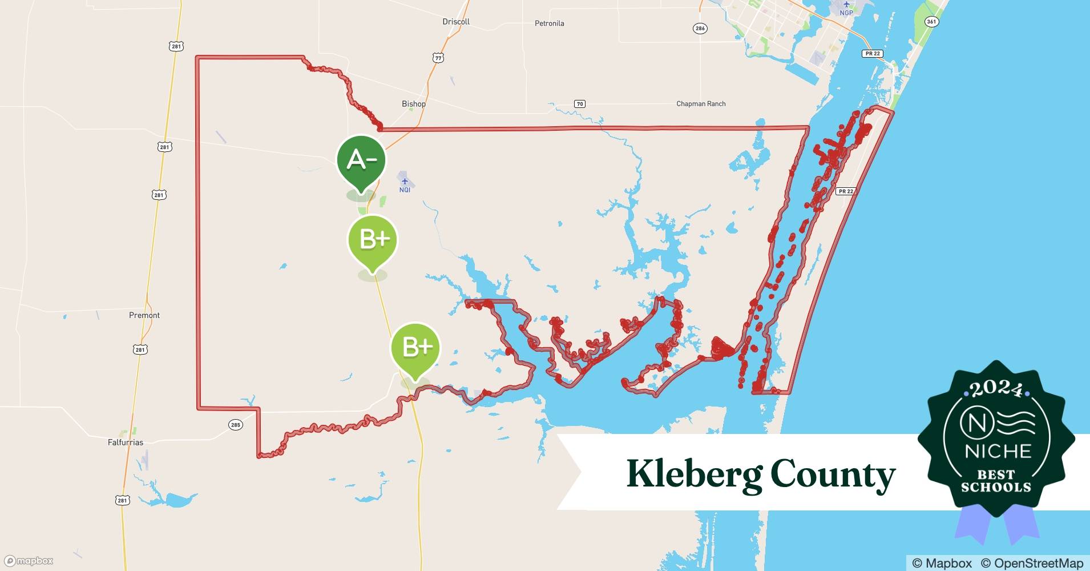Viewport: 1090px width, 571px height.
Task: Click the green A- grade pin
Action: tap(361, 160)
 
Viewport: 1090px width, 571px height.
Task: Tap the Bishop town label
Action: tap(414, 104)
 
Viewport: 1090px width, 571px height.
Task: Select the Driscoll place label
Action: tap(456, 22)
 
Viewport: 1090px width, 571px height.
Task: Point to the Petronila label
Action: tap(549, 23)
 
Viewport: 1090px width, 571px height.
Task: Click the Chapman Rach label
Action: tap(701, 104)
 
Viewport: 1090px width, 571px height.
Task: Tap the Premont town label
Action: tap(144, 315)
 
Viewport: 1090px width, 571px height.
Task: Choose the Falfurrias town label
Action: tap(126, 443)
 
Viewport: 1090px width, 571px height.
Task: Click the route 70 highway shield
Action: tap(580, 104)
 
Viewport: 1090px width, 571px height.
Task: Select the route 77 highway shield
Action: tap(438, 58)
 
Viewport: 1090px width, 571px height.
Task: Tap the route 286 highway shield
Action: tap(700, 29)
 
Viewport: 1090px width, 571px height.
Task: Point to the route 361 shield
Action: tap(931, 22)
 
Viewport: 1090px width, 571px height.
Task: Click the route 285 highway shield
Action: tap(235, 425)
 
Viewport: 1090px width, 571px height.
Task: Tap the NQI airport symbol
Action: tap(405, 182)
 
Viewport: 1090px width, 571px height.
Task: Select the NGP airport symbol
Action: tap(846, 5)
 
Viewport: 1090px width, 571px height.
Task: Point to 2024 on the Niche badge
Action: tap(996, 389)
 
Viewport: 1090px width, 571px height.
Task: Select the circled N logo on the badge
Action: tap(970, 423)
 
